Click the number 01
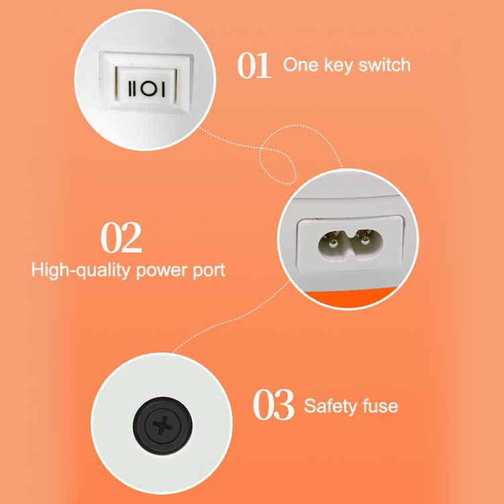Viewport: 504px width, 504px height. tap(254, 65)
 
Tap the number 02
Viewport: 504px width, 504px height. tap(121, 237)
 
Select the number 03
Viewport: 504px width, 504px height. tap(274, 405)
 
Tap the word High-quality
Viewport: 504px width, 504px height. tap(81, 270)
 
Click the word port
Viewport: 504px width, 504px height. tap(208, 271)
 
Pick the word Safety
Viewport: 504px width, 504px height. tap(330, 407)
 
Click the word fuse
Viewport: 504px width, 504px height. tap(380, 406)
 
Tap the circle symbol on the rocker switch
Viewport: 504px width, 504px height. tap(149, 88)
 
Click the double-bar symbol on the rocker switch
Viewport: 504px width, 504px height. tap(132, 89)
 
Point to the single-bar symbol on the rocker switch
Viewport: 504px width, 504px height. tap(163, 89)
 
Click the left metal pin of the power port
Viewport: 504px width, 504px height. tap(333, 243)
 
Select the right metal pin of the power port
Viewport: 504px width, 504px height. tap(364, 241)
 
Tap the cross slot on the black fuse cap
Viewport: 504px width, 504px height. tap(163, 425)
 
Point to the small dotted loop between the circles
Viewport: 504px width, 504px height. tap(277, 166)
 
